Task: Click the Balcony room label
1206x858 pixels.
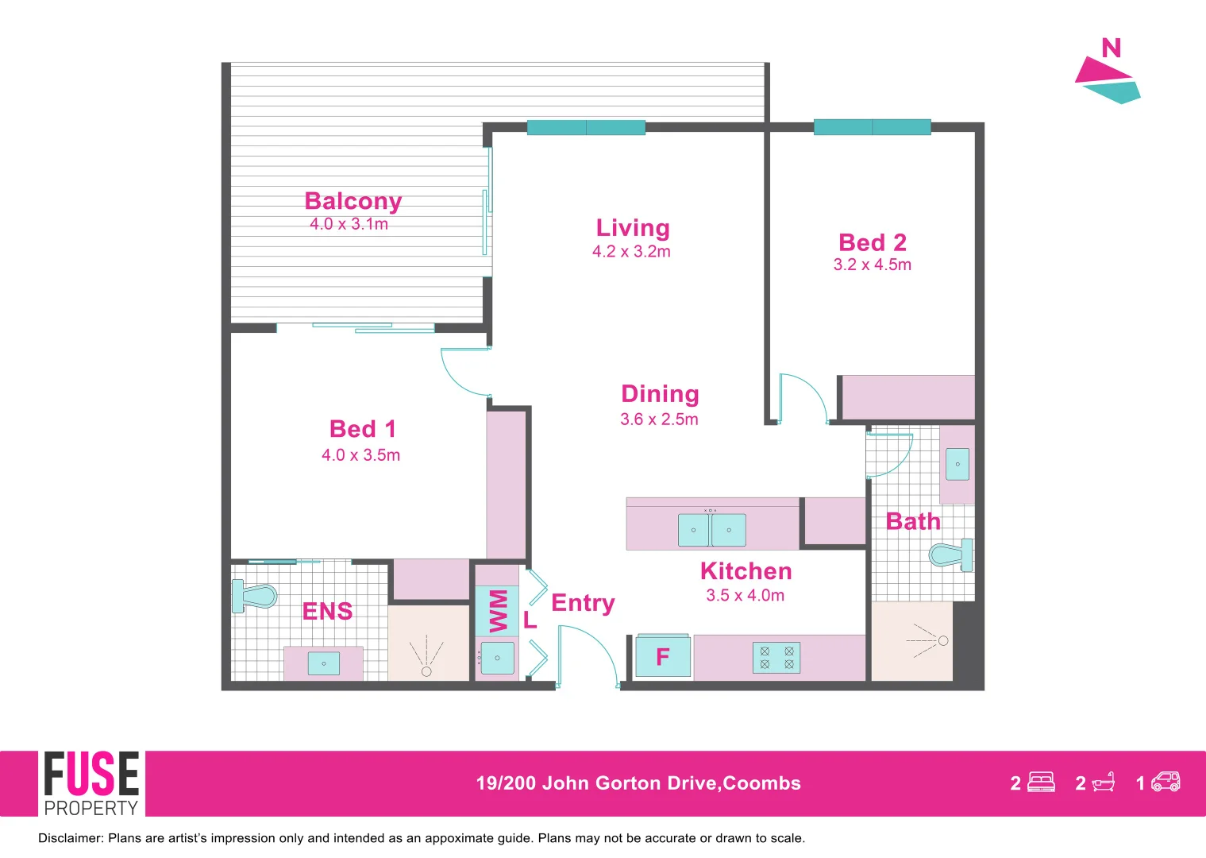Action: pos(353,201)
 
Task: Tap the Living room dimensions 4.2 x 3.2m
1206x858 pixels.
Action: pos(631,252)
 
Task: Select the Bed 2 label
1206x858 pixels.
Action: pos(872,242)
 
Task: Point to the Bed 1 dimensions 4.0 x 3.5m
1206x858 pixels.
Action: pos(360,455)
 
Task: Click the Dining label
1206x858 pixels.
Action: pos(660,394)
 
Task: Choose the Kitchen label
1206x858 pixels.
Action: pos(746,571)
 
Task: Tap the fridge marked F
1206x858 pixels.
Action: pos(663,657)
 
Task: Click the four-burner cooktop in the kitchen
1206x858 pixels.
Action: pos(776,658)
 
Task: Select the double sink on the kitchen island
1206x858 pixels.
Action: pos(711,530)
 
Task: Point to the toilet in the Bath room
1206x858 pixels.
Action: pos(951,554)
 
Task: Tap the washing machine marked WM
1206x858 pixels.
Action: pos(497,611)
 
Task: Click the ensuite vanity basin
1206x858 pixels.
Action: pos(323,663)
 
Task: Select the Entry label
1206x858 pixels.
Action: pos(583,603)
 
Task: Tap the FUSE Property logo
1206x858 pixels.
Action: pos(91,783)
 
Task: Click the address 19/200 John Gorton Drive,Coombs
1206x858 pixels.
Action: pos(638,783)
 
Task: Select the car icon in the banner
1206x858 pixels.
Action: pos(1166,783)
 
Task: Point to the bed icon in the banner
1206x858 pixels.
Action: pos(1041,783)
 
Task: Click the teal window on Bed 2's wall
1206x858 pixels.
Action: pos(872,127)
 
